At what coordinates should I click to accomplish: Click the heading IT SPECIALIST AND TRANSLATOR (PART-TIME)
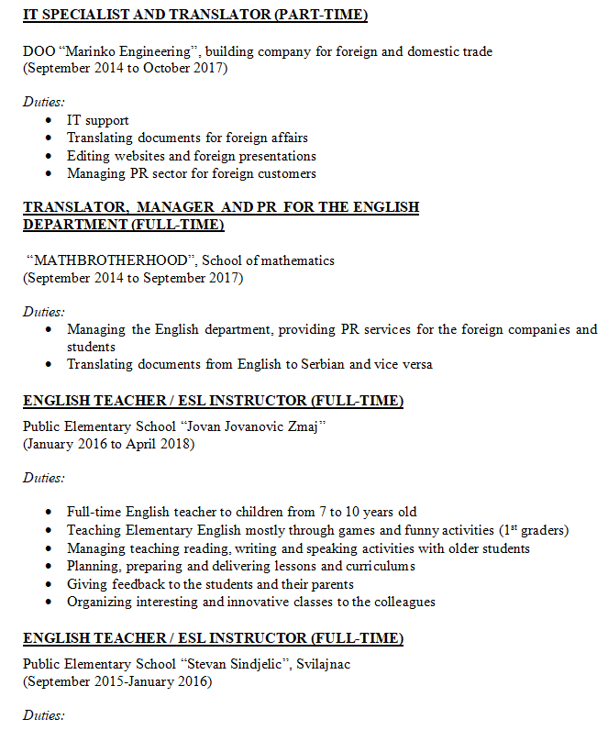pos(195,16)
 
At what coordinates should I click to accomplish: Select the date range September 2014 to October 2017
pos(126,69)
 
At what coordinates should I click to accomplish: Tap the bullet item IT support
pos(97,120)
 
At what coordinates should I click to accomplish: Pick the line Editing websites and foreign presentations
pos(191,156)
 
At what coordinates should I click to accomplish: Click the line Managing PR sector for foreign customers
pos(191,173)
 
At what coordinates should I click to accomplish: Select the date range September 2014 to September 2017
pos(133,278)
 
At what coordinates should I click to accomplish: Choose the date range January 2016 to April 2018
pos(109,444)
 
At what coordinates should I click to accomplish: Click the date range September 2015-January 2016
pos(116,681)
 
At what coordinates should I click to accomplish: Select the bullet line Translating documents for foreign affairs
pos(187,138)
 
